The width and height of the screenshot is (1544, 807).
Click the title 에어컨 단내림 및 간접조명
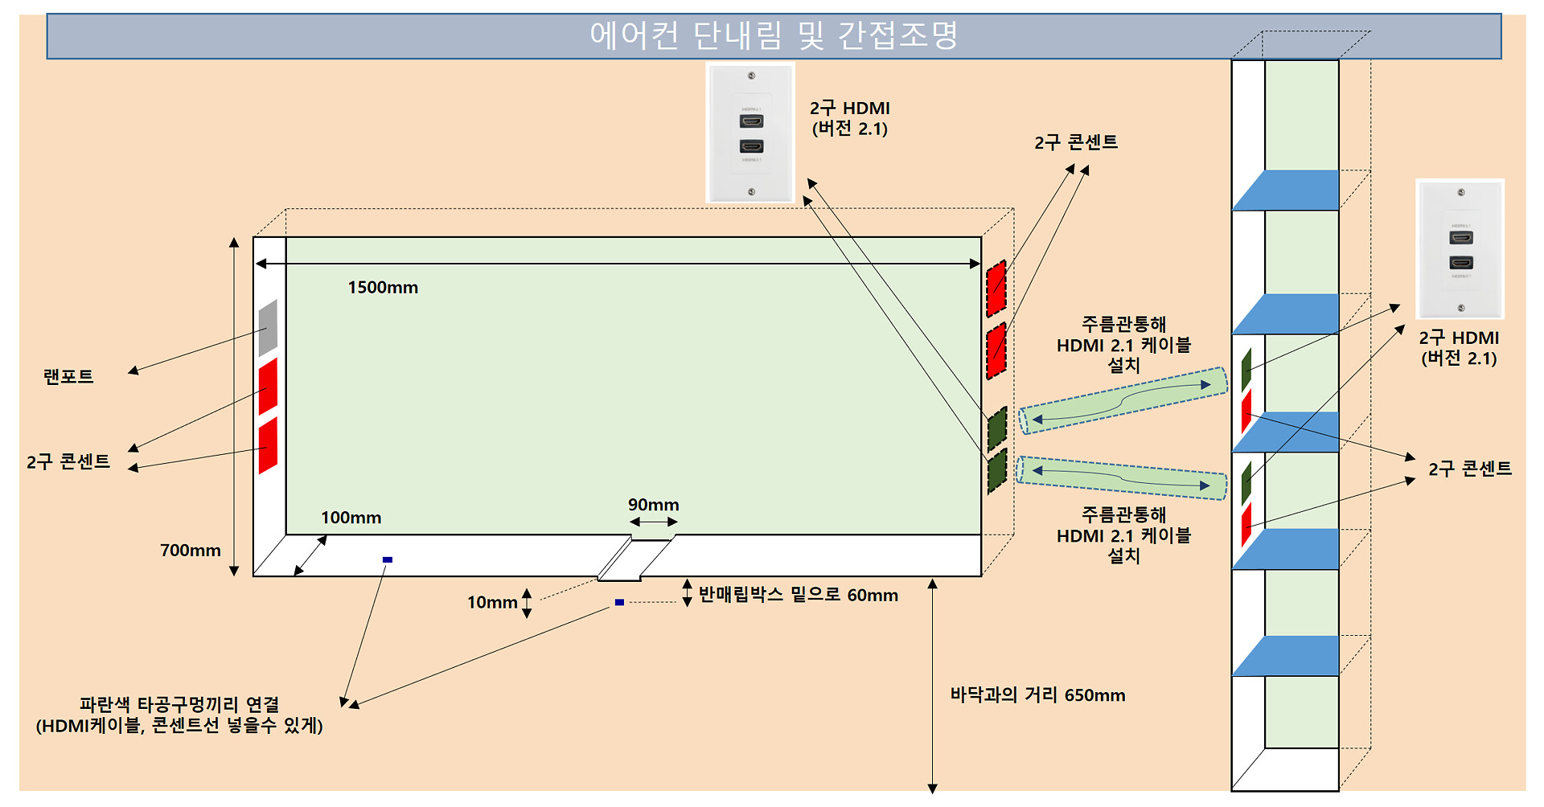click(x=774, y=35)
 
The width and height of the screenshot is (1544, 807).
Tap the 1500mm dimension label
click(x=383, y=288)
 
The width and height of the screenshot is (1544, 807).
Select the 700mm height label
click(x=191, y=551)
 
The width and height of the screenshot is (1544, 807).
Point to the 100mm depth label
click(x=351, y=518)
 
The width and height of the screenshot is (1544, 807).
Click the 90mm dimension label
click(x=654, y=505)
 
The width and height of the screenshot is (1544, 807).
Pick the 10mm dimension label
click(x=492, y=602)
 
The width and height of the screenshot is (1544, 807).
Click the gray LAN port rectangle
click(x=268, y=328)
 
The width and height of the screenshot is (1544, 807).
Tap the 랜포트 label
click(x=68, y=376)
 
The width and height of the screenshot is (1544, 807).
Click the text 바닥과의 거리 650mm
click(x=1037, y=695)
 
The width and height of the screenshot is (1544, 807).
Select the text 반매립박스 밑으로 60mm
click(x=799, y=595)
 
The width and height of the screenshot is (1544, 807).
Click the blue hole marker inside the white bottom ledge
click(x=388, y=559)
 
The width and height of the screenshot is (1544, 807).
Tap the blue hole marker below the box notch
click(x=619, y=602)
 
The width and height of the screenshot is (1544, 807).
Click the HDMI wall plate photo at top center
click(x=750, y=133)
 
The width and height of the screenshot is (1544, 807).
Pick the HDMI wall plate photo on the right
click(x=1460, y=249)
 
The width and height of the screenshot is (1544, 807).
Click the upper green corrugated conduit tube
click(x=1123, y=400)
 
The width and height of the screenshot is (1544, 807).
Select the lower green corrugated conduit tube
click(x=1123, y=478)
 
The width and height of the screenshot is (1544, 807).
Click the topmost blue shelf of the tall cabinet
click(x=1285, y=190)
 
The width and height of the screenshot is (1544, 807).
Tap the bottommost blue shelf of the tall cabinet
click(x=1285, y=656)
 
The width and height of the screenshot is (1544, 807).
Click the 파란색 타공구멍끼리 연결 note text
click(x=179, y=715)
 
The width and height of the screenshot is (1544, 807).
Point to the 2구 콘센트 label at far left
click(x=68, y=461)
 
